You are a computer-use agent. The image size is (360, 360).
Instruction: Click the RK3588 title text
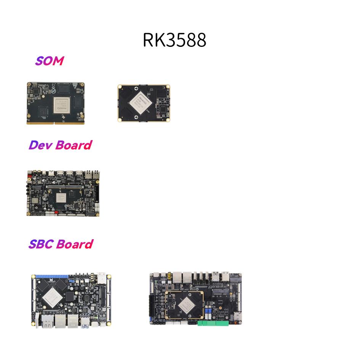[x=174, y=40]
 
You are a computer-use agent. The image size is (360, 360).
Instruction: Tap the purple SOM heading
[x=49, y=61]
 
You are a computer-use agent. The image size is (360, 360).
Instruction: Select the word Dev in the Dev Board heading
[x=40, y=145]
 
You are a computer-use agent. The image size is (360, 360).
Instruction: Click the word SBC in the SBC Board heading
[x=41, y=244]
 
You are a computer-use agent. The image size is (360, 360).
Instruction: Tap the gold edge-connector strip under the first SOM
[x=56, y=122]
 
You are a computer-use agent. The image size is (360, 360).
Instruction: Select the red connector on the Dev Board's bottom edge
[x=56, y=213]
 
